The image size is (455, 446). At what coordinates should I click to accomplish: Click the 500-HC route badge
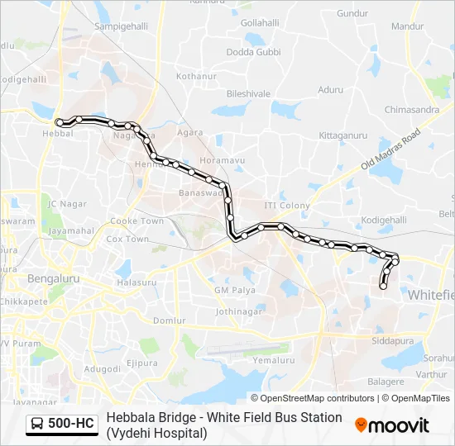[x=62, y=425]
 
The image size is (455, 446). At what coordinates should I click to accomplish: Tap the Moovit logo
[x=392, y=425]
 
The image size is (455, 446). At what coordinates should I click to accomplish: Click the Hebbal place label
[x=59, y=133]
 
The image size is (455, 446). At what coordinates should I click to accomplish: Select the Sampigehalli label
[x=122, y=26]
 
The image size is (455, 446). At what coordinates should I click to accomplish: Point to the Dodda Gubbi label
[x=254, y=52]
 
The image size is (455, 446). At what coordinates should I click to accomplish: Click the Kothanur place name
[x=195, y=76]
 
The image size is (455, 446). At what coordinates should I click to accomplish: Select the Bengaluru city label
[x=54, y=279]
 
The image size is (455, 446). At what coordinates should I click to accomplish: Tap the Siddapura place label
[x=391, y=340]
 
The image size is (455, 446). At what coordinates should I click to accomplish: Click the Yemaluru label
[x=273, y=360]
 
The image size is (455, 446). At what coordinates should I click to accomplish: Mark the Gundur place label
[x=352, y=14]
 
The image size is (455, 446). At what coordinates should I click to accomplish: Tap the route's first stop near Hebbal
[x=59, y=123]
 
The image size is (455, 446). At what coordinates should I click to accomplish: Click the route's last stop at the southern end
[x=383, y=286]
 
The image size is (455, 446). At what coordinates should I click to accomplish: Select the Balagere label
[x=386, y=382]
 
